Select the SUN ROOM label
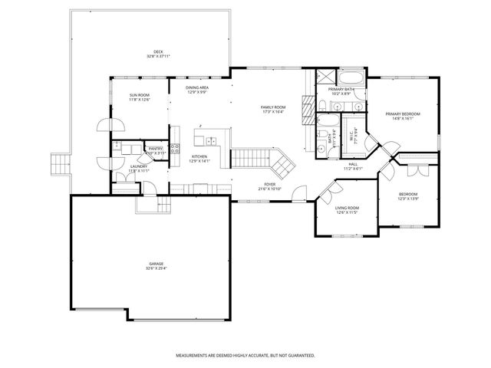coord(139,95)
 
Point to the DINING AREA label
coord(197,87)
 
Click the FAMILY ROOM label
coord(272,107)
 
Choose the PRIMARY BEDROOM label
coord(403,113)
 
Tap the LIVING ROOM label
coord(348,208)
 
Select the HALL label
coord(353,164)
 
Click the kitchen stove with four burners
coord(175,148)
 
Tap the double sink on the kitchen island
coord(209,140)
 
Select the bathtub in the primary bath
coord(354,78)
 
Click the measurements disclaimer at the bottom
coord(245,356)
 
